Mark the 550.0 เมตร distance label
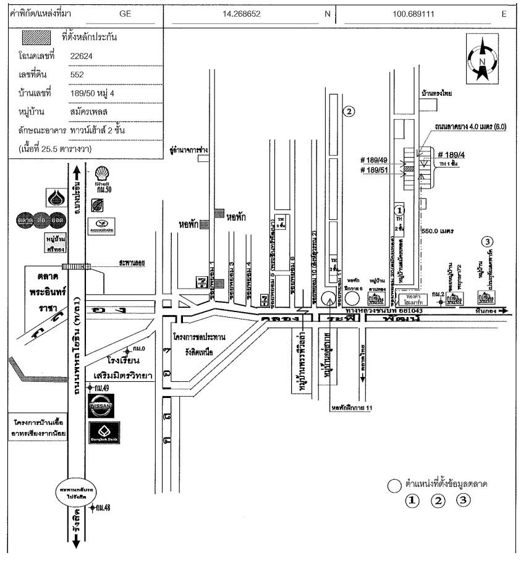coord(437,231)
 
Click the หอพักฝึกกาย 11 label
coord(350,407)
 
